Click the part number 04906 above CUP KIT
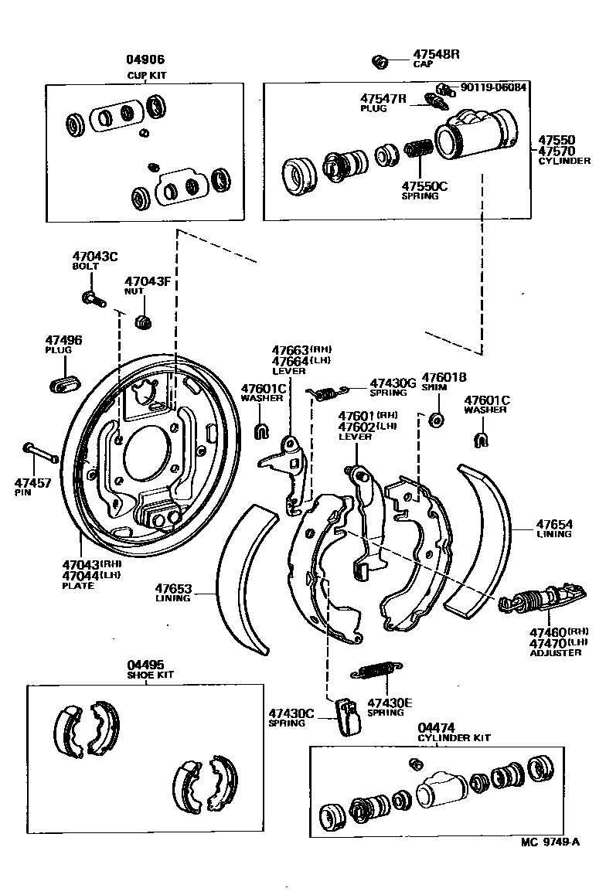pos(146,60)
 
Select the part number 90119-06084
pos(492,87)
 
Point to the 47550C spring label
pos(424,185)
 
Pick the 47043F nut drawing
pos(143,320)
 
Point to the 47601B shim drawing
pos(435,420)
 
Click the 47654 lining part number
pos(555,525)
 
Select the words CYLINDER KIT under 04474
pos(454,738)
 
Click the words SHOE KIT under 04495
pos(151,675)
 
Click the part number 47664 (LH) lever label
pos(289,361)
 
